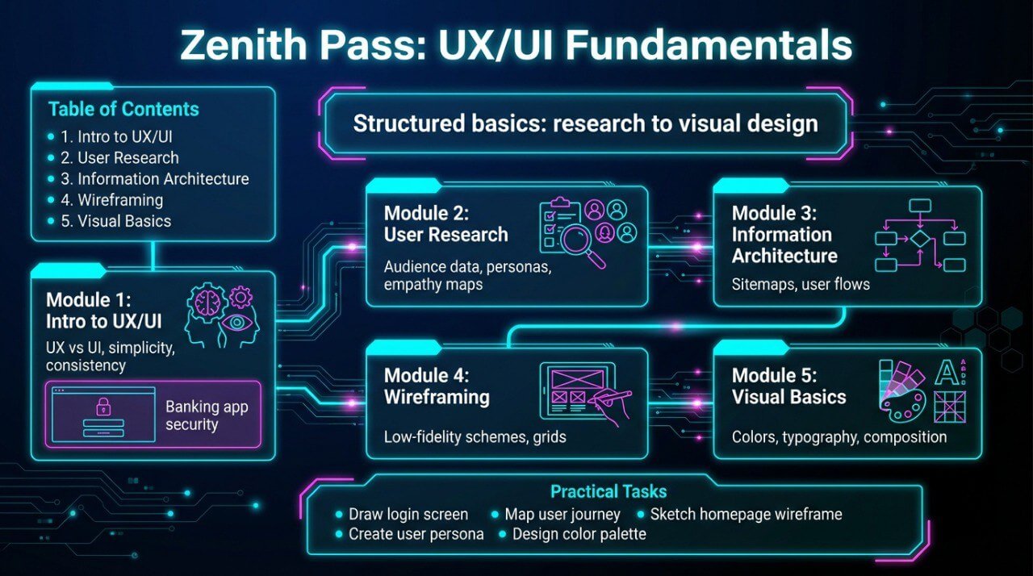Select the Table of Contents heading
pos(123,110)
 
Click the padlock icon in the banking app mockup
pos(102,406)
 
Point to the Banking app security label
pos(207,415)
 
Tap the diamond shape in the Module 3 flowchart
pos(919,239)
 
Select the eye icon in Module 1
pos(239,323)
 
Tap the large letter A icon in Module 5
pos(945,373)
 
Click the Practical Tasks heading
pos(609,491)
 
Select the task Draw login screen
pos(408,514)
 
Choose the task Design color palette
pos(579,533)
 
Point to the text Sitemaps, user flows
pos(801,284)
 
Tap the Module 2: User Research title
pos(446,224)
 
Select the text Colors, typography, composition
pos(839,437)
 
